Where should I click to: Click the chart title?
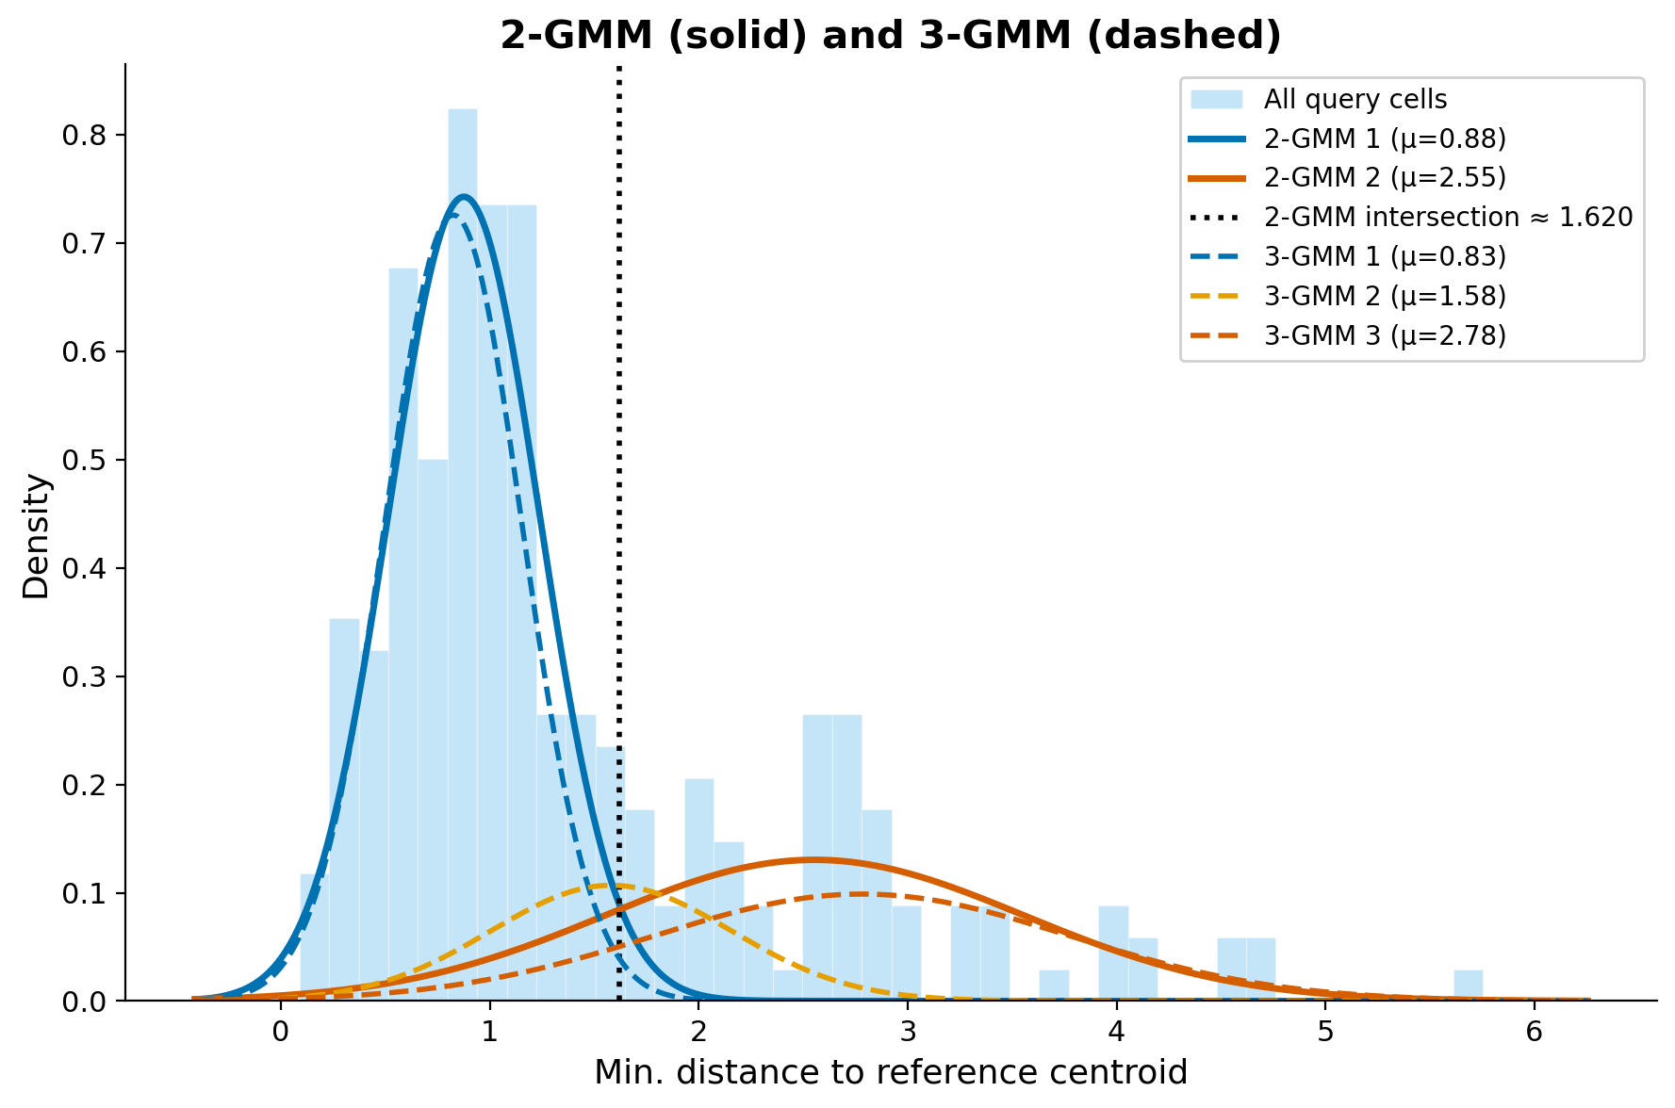click(x=890, y=36)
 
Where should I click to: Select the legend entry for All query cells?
click(x=1355, y=99)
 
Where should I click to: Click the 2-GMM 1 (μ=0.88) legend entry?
click(x=1385, y=138)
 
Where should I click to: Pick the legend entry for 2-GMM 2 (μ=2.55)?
click(x=1385, y=178)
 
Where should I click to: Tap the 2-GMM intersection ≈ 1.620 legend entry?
click(x=1448, y=218)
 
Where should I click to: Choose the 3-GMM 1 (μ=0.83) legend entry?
click(x=1385, y=256)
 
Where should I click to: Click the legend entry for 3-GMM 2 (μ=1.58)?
click(x=1385, y=296)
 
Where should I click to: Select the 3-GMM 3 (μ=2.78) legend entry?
click(x=1385, y=335)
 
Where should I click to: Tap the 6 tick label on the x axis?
click(x=1534, y=1032)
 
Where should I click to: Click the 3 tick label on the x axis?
click(x=907, y=1032)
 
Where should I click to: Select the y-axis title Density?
click(x=36, y=535)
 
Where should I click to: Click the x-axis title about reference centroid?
click(x=890, y=1072)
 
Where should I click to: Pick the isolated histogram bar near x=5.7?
click(x=1468, y=985)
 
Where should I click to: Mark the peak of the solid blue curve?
click(x=464, y=196)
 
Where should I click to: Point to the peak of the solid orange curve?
click(x=813, y=859)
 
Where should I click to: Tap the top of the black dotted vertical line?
click(x=619, y=68)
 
